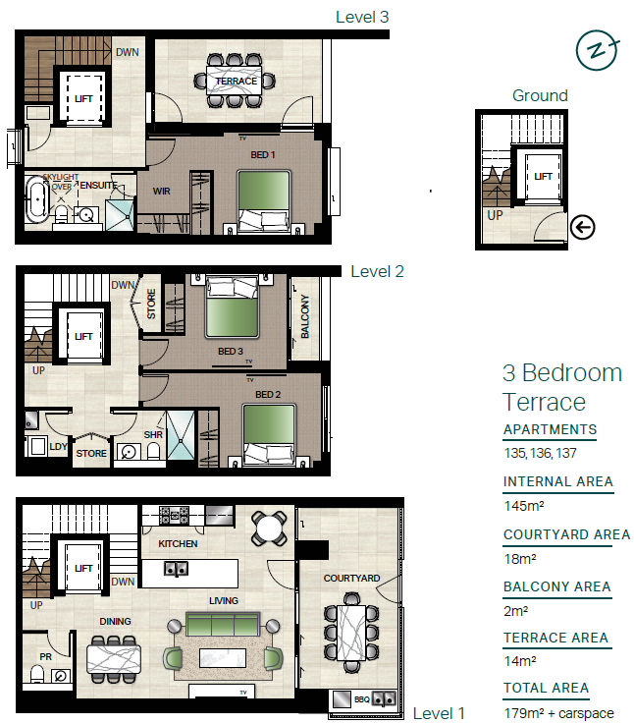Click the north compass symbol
coord(597,50)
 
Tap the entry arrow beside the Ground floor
coord(582,227)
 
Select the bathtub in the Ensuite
coord(37,200)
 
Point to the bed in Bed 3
coord(232,306)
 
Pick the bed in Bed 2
coord(269,433)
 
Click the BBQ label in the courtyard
coord(362,699)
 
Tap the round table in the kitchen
coord(270,528)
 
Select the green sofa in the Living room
coord(223,624)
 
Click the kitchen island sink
coord(176,569)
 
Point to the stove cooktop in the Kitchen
coord(174,516)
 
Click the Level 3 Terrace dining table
coord(234,81)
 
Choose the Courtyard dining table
coord(352,633)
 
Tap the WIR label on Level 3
coord(162,192)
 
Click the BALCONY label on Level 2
coord(305,316)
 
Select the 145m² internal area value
coord(524,506)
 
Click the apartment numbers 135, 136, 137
coord(541,453)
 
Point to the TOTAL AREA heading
coord(546,688)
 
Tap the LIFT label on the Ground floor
coord(543,177)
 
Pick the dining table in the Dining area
coord(114,659)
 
